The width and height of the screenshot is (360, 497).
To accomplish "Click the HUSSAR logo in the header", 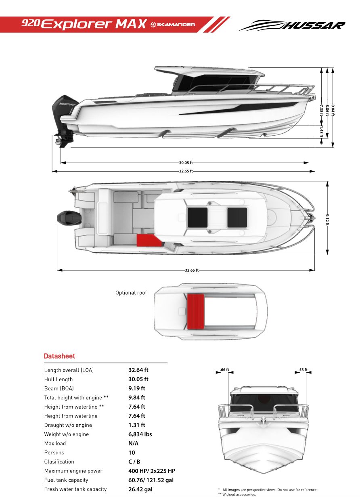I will (x=292, y=25).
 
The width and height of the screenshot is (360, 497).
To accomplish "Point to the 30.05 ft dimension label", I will (x=186, y=163).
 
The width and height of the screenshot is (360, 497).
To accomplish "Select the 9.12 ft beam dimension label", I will (x=327, y=218).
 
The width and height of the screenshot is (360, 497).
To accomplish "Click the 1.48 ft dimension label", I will (x=322, y=132).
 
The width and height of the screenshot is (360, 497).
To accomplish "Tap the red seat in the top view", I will (x=149, y=240).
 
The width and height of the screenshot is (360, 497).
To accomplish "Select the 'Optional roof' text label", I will (x=131, y=293).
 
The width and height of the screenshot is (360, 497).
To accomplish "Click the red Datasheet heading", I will (x=59, y=356).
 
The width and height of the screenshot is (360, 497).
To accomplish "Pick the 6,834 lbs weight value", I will (x=140, y=434).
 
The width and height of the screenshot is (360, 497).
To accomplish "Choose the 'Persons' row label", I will (x=54, y=453).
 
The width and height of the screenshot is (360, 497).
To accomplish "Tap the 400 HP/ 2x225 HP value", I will (x=152, y=471).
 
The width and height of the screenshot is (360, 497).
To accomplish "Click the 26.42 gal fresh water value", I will (x=140, y=489).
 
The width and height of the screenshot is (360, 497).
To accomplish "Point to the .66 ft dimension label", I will (x=225, y=369).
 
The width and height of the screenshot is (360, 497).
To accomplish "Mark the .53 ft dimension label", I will (x=303, y=369).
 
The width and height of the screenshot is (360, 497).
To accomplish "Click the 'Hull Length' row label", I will (x=59, y=380).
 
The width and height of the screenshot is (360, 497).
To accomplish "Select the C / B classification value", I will (x=134, y=462).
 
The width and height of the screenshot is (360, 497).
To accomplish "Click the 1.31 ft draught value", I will (x=136, y=425).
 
